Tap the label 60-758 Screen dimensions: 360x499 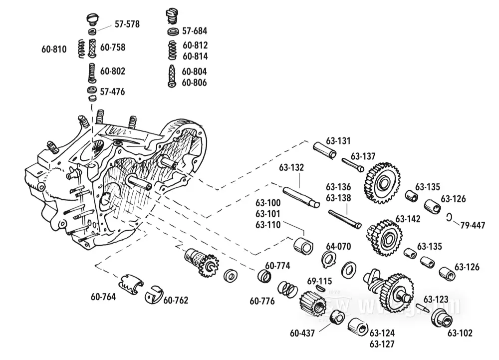click(x=112, y=47)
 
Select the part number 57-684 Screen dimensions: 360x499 click(x=195, y=30)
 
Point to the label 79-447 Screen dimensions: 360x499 click(x=472, y=225)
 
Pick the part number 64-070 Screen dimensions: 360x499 click(x=339, y=246)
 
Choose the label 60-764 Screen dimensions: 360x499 click(x=103, y=297)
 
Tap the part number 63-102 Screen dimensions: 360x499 click(x=460, y=333)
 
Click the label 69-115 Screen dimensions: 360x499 click(x=319, y=281)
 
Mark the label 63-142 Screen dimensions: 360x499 click(x=408, y=219)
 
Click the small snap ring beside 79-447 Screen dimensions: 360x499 click(x=449, y=217)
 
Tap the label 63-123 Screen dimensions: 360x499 click(x=436, y=299)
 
